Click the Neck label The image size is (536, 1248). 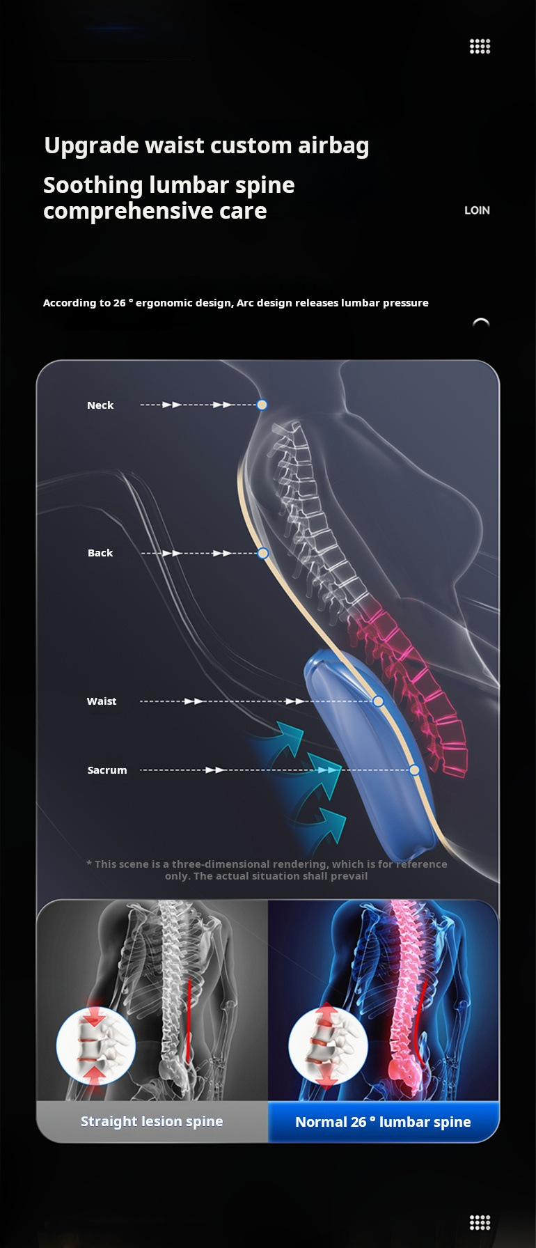tap(100, 405)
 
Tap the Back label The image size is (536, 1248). tap(100, 553)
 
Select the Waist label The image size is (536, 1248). tap(102, 701)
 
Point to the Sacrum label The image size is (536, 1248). tap(107, 770)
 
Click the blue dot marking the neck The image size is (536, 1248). tap(262, 405)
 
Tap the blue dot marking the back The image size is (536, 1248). tap(262, 553)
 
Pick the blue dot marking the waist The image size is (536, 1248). tap(378, 701)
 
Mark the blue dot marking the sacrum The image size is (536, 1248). tap(414, 770)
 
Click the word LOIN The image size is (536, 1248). tap(477, 210)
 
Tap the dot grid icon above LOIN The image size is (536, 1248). tap(480, 47)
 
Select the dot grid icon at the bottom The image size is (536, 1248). tap(480, 1222)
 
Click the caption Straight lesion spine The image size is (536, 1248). tap(152, 1121)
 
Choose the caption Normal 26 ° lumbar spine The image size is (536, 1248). tap(383, 1122)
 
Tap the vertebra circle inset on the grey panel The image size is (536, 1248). tap(95, 1047)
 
